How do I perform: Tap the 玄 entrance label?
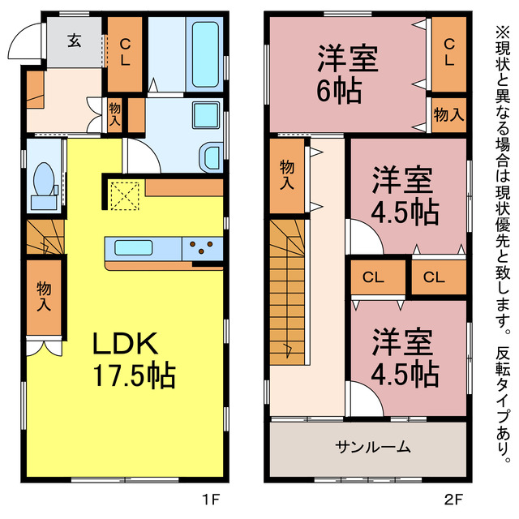pyautogui.click(x=74, y=40)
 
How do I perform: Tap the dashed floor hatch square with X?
pyautogui.click(x=126, y=195)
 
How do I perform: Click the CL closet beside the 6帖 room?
pyautogui.click(x=448, y=53)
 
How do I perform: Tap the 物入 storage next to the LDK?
pyautogui.click(x=44, y=296)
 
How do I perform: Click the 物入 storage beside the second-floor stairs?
pyautogui.click(x=288, y=175)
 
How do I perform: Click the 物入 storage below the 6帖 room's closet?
pyautogui.click(x=448, y=114)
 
